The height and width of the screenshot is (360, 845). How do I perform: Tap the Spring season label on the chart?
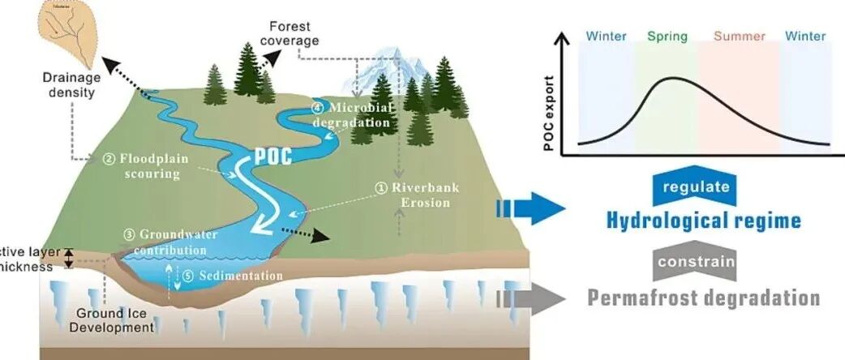pos(667,36)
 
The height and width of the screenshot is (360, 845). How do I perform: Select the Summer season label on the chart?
pos(740,36)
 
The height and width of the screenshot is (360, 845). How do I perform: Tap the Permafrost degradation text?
pos(703,298)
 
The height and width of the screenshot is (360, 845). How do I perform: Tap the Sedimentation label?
pos(233,276)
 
